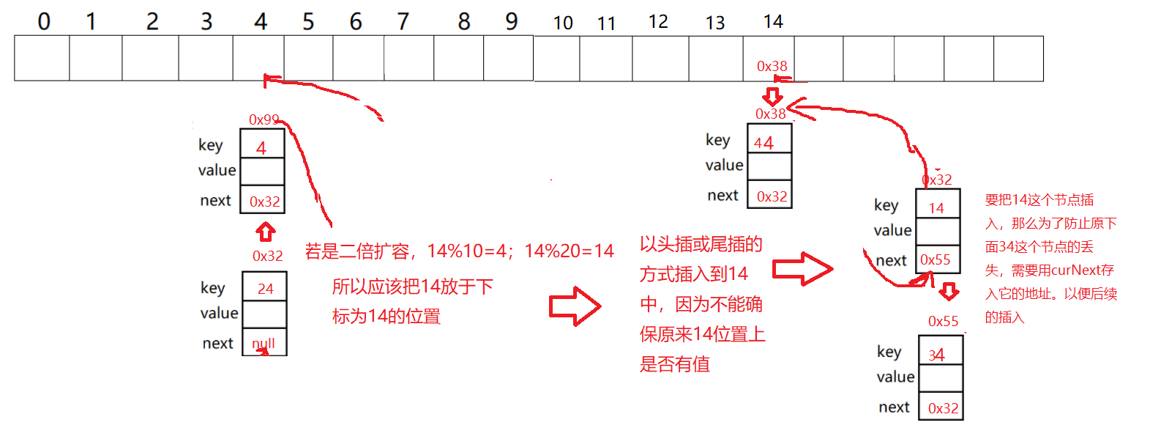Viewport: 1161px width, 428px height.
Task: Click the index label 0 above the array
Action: [x=44, y=21]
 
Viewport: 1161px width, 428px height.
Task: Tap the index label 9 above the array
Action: [x=512, y=21]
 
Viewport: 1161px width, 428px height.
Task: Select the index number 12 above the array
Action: [x=658, y=22]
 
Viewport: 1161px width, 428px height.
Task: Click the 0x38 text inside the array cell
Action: [x=772, y=67]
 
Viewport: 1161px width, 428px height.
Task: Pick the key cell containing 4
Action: [x=262, y=144]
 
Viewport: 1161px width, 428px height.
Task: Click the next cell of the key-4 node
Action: [x=262, y=200]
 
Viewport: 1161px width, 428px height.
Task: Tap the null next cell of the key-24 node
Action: [x=264, y=342]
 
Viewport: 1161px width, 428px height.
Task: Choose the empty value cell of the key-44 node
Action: [x=769, y=166]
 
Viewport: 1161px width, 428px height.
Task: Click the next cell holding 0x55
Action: [x=937, y=260]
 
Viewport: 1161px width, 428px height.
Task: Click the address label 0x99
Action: [x=264, y=119]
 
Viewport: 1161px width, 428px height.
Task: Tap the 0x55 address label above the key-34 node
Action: [x=943, y=321]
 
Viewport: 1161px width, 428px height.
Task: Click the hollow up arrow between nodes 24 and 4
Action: [x=265, y=232]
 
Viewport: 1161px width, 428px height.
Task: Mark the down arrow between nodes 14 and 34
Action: [x=949, y=292]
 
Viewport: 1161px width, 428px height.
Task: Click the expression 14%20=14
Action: [x=569, y=251]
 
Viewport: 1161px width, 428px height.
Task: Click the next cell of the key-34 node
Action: [x=941, y=407]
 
